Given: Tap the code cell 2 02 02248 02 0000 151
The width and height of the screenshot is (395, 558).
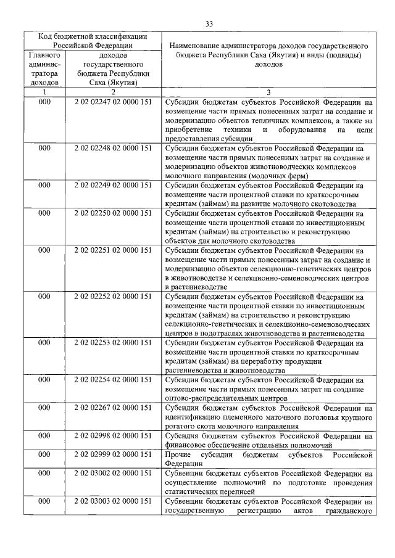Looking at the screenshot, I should (112, 148).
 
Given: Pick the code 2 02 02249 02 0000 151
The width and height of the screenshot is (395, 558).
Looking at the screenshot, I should (112, 184).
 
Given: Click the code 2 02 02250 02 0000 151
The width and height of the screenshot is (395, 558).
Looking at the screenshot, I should (112, 213).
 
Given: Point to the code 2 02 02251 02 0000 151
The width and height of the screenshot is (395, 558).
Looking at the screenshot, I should (112, 250).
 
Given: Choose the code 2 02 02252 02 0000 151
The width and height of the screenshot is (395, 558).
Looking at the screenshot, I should (112, 297).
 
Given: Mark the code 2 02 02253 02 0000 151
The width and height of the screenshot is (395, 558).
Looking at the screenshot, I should (112, 343).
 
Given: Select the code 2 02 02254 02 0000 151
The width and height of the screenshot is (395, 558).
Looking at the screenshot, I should (112, 380).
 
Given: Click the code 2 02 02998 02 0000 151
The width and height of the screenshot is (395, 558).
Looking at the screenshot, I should (112, 436).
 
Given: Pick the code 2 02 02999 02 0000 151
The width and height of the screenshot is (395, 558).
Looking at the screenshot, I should (112, 454).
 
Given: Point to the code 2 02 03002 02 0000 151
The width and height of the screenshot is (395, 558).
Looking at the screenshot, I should (112, 474).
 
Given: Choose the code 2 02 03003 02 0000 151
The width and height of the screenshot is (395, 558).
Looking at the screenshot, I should (112, 502).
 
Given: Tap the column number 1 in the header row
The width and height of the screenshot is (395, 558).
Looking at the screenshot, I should (44, 91).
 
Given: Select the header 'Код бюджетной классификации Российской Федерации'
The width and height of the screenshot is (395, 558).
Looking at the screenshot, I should (91, 40).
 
